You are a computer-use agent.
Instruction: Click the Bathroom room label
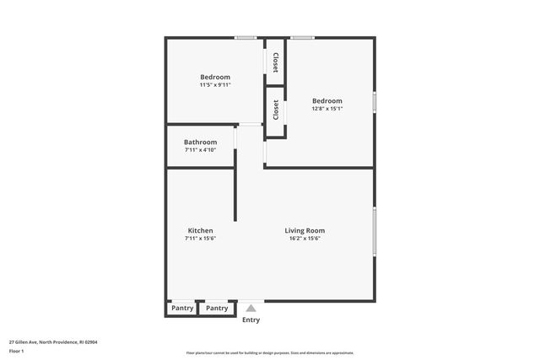point(200,142)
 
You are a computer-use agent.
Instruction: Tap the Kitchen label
point(200,230)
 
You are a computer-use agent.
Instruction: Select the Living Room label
point(305,230)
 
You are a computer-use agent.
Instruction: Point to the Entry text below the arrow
point(251,320)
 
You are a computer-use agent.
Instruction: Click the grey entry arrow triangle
point(251,309)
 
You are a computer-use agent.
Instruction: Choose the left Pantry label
point(182,309)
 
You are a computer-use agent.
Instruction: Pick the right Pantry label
point(217,309)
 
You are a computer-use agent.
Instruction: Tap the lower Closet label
point(275,110)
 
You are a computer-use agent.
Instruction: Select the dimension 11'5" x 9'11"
point(215,85)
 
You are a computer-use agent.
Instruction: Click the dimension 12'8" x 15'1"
point(327,108)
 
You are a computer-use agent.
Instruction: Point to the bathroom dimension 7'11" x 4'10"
point(200,150)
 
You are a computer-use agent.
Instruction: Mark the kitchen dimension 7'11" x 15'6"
point(200,239)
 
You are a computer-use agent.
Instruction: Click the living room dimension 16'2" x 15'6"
point(305,239)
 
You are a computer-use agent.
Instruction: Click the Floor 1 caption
point(16,351)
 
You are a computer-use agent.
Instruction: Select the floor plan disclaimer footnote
point(270,353)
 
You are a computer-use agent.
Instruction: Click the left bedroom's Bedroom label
point(215,77)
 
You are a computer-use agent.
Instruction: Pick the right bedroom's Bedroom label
point(327,99)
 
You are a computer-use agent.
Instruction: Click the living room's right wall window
point(374,229)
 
